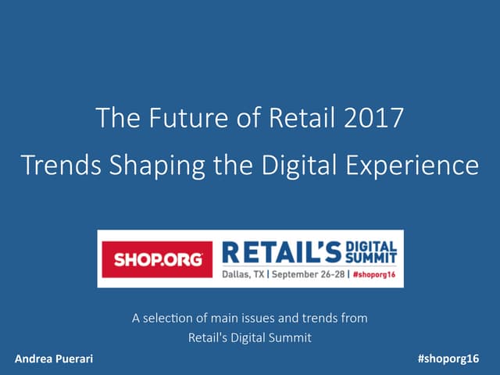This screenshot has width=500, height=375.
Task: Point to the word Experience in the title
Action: point(420,166)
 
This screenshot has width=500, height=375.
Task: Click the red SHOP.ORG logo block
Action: point(157,259)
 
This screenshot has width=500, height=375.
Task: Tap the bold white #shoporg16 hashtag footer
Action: point(448,358)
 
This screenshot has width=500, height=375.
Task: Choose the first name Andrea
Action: point(34,358)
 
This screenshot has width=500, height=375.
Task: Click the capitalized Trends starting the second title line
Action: point(55,166)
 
